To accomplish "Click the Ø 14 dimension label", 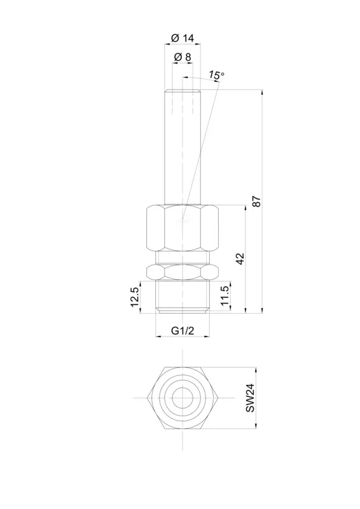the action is pyautogui.click(x=182, y=38).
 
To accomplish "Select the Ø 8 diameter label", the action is pyautogui.click(x=183, y=57).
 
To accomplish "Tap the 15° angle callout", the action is pyautogui.click(x=216, y=75).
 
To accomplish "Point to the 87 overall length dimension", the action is pyautogui.click(x=256, y=201).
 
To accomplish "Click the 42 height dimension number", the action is pyautogui.click(x=240, y=258).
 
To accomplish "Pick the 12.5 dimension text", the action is pyautogui.click(x=134, y=297).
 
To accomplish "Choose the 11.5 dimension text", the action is pyautogui.click(x=225, y=296).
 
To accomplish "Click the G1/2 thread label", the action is pyautogui.click(x=183, y=331).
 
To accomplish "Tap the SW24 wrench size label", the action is pyautogui.click(x=250, y=398).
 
